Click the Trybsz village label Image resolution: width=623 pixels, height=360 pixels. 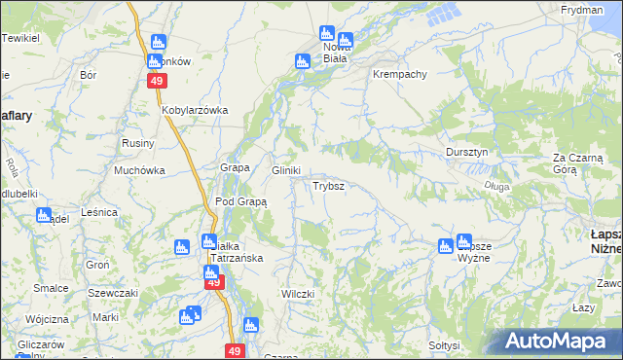pyautogui.click(x=327, y=185)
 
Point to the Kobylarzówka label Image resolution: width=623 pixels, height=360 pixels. pyautogui.click(x=195, y=110)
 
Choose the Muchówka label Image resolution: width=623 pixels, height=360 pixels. pyautogui.click(x=139, y=169)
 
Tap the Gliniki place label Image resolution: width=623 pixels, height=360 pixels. pyautogui.click(x=285, y=169)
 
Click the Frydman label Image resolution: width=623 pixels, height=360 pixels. pyautogui.click(x=582, y=9)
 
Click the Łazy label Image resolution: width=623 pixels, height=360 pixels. pyautogui.click(x=584, y=307)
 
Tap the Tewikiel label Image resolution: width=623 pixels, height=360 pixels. pyautogui.click(x=20, y=37)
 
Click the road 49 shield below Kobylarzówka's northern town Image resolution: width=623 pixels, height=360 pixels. pyautogui.click(x=157, y=82)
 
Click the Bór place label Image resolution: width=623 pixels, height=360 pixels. pyautogui.click(x=89, y=74)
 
